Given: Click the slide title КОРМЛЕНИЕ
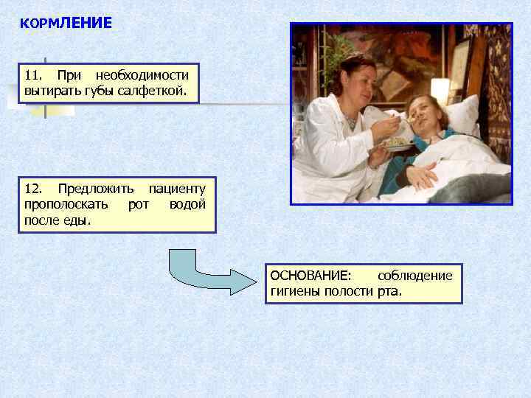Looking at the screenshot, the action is pos(66,24).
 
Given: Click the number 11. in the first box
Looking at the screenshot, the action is pos(34,75).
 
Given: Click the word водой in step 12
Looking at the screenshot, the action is pos(187,204).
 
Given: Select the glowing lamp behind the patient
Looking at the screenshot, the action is pos(440,90).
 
